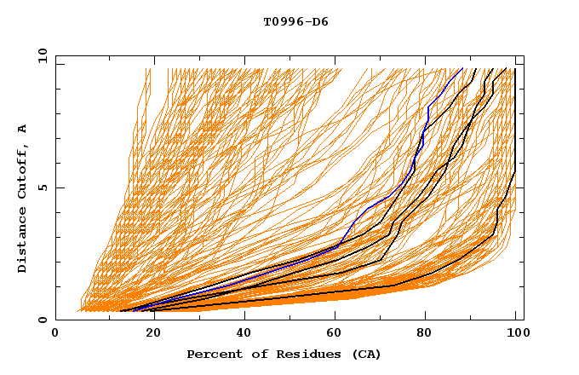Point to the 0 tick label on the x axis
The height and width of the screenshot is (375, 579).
(x=55, y=334)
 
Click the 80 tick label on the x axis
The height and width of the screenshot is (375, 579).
(x=424, y=334)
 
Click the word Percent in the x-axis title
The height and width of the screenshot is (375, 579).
(x=210, y=355)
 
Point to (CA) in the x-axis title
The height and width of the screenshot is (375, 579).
(x=365, y=355)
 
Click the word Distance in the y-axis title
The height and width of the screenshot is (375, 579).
(x=23, y=240)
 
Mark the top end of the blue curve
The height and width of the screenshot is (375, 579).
(x=462, y=68)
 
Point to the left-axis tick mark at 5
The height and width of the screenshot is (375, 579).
(x=59, y=187)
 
